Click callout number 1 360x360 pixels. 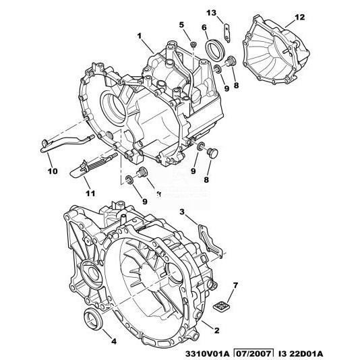139,36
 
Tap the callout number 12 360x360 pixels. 299,18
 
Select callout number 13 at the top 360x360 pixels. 211,13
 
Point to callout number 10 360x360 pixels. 53,171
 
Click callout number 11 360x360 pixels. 90,193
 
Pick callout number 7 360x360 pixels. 235,285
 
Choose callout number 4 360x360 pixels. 114,341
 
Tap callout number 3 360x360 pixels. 182,212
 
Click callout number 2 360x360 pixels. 216,330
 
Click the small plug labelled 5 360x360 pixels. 193,44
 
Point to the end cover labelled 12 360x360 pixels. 276,50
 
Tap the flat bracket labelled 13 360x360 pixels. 227,33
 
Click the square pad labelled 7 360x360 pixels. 221,306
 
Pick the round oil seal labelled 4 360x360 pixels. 93,319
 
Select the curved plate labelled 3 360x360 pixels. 210,241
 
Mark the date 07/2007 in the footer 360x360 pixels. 253,353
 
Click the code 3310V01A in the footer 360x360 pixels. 204,354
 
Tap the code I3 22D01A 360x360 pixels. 301,354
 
